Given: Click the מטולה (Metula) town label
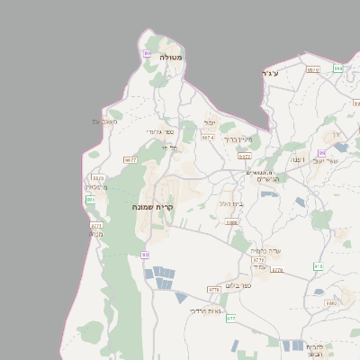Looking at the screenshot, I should (171, 57).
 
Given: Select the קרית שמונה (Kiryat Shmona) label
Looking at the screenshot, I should (152, 207).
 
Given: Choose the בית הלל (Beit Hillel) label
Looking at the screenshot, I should (232, 203).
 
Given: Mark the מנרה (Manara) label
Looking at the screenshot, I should (95, 233).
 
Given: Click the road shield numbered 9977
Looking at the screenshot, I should (130, 159).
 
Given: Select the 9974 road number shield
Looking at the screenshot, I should (208, 138).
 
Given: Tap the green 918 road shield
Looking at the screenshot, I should (318, 266).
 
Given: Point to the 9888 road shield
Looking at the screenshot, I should (232, 222).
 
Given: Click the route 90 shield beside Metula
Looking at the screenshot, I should (147, 54).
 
